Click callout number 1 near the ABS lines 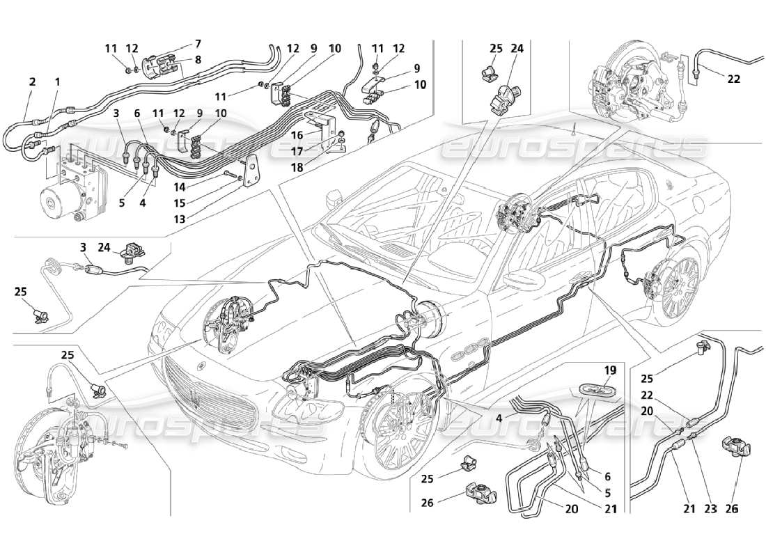point(57,81)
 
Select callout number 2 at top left point(32,81)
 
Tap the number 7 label point(198,43)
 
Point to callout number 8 point(198,60)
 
